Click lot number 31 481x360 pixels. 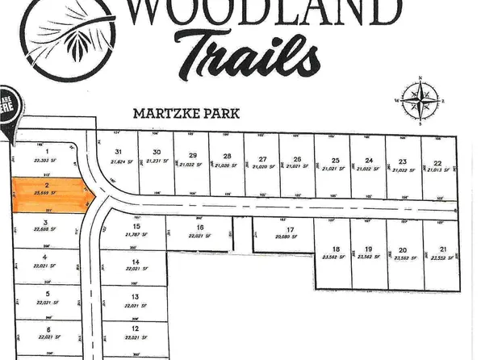pyautogui.click(x=118, y=152)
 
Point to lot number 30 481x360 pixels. pyautogui.click(x=157, y=152)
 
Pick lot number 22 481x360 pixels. pyautogui.click(x=437, y=162)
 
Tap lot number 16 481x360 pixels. pyautogui.click(x=199, y=228)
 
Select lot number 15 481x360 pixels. pyautogui.click(x=137, y=227)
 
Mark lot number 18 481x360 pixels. pyautogui.click(x=336, y=249)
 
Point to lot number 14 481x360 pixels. pyautogui.click(x=136, y=262)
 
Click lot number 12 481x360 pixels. pyautogui.click(x=136, y=329)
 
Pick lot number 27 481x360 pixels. pyautogui.click(x=262, y=158)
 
